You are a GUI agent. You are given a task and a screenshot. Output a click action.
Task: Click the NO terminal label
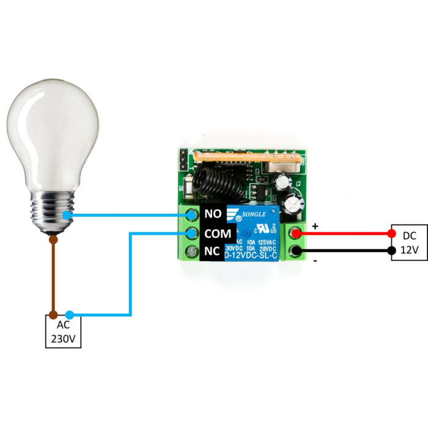point(213,214)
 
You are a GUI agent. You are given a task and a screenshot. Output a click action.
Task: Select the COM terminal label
point(218,234)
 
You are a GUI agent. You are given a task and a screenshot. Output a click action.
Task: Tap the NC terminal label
point(212,251)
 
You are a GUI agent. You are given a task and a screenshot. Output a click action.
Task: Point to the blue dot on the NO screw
point(192,215)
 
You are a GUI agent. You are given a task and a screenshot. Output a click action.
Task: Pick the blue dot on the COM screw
point(192,234)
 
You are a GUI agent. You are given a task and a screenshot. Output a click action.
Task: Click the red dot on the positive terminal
point(296,234)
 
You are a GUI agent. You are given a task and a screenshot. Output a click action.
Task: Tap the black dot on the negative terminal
point(296,251)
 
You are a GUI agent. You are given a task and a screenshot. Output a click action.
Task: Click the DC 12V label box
point(409,243)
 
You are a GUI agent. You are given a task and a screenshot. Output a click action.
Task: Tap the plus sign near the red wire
point(315,226)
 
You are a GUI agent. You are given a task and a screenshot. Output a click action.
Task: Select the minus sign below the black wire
point(315,260)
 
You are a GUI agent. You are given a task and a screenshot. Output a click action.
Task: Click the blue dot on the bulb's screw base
point(66,215)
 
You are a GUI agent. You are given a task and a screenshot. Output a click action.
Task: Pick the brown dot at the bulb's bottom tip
point(53,240)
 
